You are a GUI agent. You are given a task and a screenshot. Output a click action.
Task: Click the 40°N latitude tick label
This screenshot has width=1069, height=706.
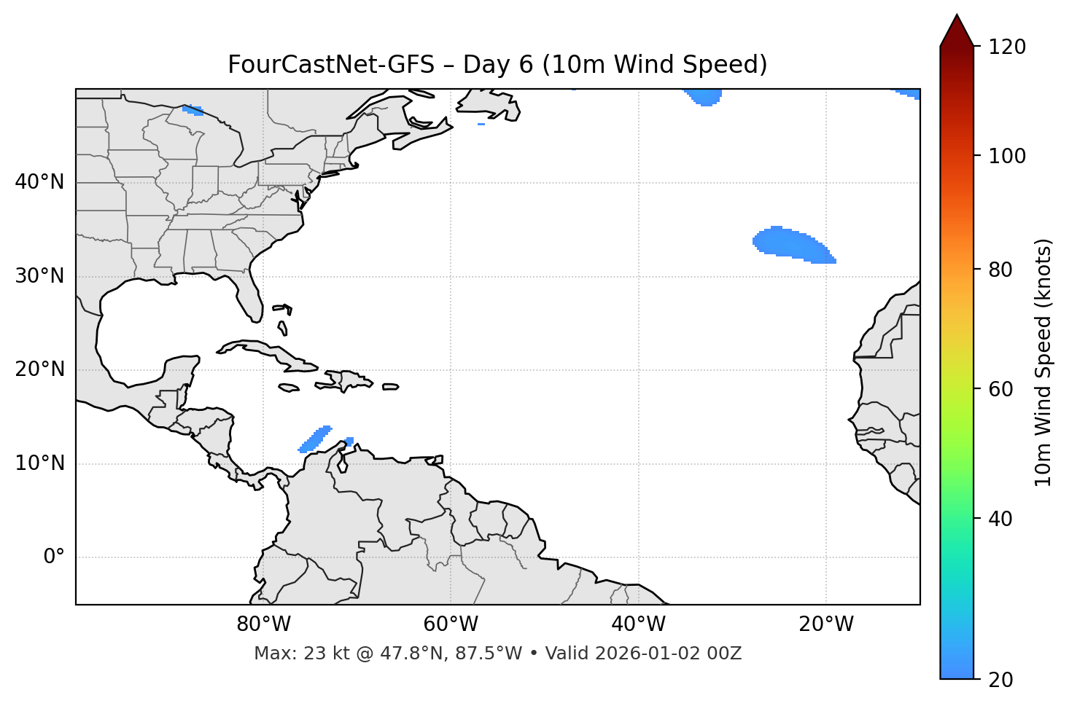(x=39, y=182)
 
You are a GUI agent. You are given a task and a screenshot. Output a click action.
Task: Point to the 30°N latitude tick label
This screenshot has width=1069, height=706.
(x=39, y=276)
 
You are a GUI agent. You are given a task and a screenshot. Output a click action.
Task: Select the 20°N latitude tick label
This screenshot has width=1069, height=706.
(x=39, y=369)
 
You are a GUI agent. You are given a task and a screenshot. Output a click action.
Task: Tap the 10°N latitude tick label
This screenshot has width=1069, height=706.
(x=39, y=463)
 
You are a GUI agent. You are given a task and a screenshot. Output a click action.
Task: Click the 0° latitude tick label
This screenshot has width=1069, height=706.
(x=53, y=557)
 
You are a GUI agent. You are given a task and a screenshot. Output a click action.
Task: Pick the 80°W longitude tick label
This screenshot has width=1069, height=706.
(x=263, y=624)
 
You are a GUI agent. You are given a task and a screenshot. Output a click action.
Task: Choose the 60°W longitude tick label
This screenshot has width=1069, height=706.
(x=451, y=624)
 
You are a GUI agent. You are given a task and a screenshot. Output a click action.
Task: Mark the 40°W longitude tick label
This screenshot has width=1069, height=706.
(x=638, y=624)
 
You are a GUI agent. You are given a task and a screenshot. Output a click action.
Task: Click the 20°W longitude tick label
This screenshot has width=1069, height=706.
(x=825, y=624)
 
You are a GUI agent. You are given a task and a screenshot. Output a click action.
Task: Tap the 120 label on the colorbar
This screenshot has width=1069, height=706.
(x=1006, y=47)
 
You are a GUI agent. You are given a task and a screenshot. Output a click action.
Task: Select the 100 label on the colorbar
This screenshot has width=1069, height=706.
(x=1006, y=156)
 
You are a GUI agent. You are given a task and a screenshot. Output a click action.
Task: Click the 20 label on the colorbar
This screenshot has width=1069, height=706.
(x=1000, y=680)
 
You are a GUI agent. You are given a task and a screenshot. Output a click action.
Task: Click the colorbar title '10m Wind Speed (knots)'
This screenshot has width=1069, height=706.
(x=1043, y=362)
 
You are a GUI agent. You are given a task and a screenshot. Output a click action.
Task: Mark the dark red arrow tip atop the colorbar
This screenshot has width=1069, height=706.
(x=956, y=29)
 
